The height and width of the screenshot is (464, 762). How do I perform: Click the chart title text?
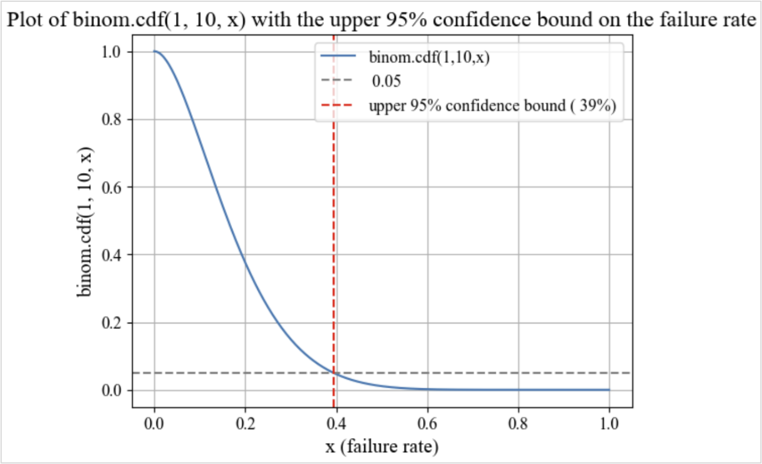(381, 20)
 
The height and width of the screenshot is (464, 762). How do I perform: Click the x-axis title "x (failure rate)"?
(382, 447)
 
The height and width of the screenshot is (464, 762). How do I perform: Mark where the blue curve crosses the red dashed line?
(334, 373)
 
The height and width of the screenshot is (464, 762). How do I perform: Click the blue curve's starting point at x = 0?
(154, 52)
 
